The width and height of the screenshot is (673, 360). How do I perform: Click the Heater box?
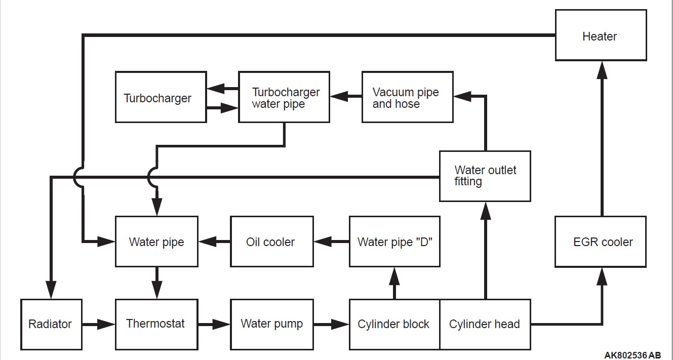point(601,36)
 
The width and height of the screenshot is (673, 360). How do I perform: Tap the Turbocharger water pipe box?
point(284,97)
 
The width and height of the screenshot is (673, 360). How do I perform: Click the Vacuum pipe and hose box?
point(407,97)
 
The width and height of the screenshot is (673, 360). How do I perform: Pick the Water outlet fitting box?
point(485,176)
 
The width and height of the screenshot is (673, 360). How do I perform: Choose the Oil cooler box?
point(271,242)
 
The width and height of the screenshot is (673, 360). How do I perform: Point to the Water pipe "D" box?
point(394,242)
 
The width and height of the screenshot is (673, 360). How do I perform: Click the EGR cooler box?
point(601,242)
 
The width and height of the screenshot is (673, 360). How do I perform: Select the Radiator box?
point(51,324)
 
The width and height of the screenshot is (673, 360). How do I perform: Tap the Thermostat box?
point(156,324)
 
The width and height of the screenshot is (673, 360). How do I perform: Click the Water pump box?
point(271,324)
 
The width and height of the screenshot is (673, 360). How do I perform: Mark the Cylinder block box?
point(394,324)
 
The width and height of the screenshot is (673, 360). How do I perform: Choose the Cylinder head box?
point(485,324)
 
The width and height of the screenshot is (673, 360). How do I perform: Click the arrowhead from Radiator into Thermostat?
point(107,324)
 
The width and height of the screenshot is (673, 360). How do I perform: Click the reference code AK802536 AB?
point(632,355)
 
